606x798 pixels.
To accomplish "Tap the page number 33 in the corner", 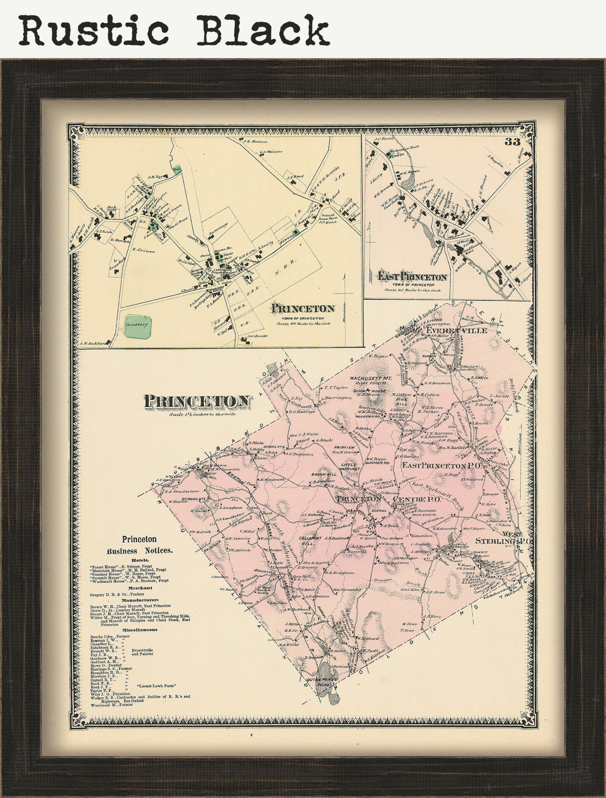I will [512, 142].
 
